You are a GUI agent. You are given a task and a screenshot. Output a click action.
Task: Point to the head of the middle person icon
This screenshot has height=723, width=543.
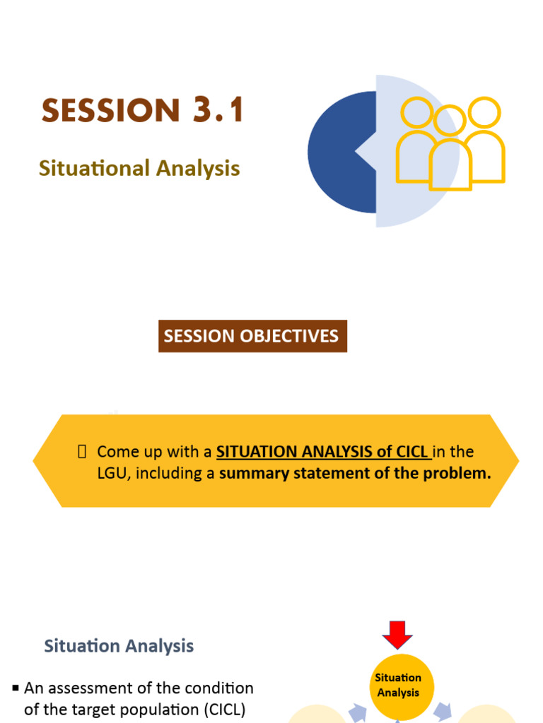pos(450,121)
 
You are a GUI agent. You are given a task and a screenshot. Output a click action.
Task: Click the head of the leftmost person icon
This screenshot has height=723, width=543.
pos(417,113)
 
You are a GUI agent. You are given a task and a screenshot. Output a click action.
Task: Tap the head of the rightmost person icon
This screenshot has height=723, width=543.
pos(484,112)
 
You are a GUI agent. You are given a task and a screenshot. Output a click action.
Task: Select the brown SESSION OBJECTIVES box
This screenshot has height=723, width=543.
pos(252,336)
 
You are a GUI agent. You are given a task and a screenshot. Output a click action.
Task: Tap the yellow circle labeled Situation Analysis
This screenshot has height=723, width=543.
pos(398,686)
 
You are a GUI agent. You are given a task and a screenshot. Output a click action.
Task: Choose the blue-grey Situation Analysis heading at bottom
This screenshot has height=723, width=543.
pos(119,645)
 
